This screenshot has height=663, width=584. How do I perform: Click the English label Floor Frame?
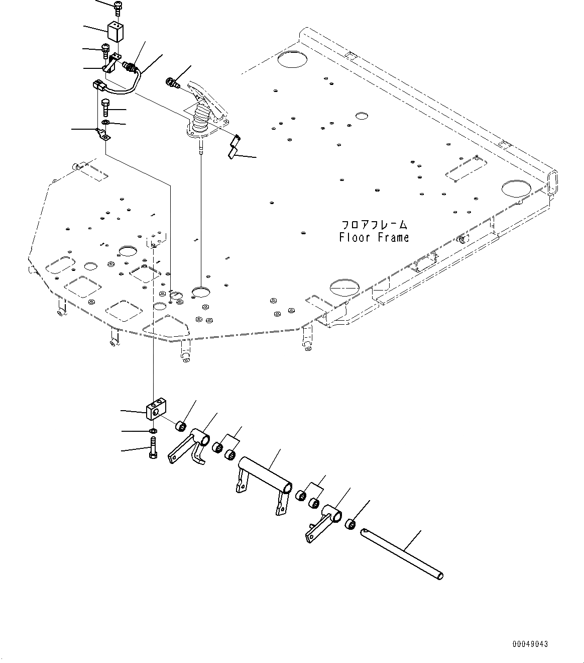pos(374,237)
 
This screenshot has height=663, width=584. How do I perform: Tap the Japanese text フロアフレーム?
pos(374,225)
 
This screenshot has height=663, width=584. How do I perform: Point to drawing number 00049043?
pos(530,643)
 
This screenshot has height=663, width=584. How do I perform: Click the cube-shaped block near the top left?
pos(115,33)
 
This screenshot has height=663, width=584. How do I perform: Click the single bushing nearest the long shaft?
pos(351,525)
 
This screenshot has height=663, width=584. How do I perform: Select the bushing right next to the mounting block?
pos(180,426)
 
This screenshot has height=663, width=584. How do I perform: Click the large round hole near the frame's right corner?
pos(515,188)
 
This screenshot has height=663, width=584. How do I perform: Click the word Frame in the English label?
pos(391,237)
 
